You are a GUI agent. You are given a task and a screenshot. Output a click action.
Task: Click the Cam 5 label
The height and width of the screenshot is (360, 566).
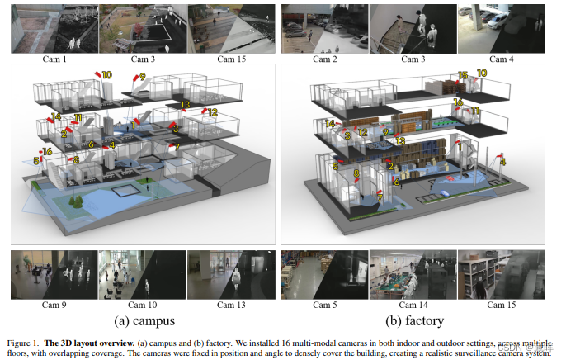323,306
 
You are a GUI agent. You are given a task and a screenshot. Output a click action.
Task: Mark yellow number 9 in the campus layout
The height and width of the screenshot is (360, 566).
143,78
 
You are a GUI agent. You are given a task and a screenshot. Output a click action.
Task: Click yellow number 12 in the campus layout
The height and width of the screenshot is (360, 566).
212,111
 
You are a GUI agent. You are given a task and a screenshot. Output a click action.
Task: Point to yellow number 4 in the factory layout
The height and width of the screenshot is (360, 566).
503,161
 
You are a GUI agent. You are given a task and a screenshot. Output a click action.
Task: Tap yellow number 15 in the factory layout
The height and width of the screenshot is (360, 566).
462,75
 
